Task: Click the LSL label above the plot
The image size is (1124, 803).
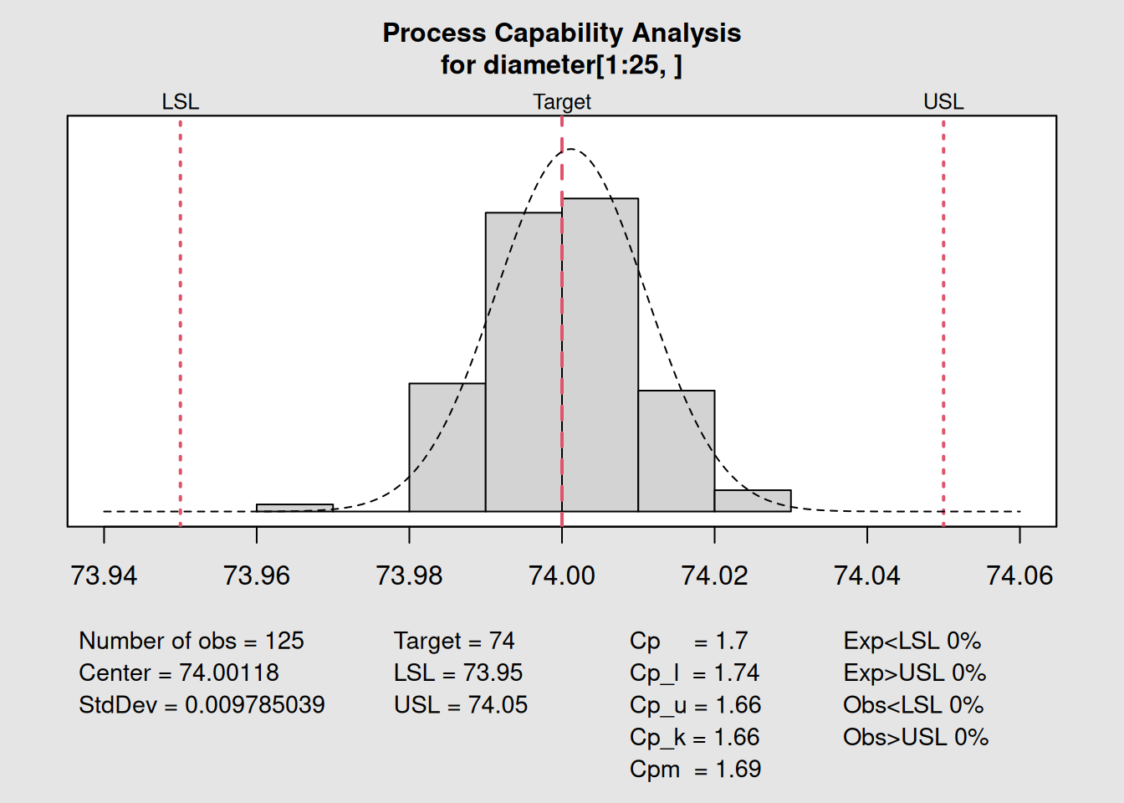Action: pos(180,102)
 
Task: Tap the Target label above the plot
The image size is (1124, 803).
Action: pos(562,102)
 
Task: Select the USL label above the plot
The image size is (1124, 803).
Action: pos(943,102)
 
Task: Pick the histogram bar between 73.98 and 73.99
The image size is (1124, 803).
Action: pos(447,448)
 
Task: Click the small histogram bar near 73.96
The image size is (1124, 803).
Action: pos(294,508)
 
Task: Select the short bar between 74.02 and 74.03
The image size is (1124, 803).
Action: pos(752,500)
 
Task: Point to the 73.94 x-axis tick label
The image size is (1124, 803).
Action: pos(104,575)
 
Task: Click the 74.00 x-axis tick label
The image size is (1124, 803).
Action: pos(562,575)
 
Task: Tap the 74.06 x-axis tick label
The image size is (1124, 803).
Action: pos(1019,575)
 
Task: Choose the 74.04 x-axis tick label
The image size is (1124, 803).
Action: pos(866,575)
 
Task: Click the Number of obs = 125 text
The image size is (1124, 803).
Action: pos(192,641)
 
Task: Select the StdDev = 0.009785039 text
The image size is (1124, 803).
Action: pos(202,705)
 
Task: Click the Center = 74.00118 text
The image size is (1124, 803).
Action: pos(179,673)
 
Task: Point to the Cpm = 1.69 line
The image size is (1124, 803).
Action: pos(695,770)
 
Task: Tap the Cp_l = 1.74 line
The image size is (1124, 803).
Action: pos(694,673)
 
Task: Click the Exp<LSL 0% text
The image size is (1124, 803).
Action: pos(912,641)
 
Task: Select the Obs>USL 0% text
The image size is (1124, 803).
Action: pos(915,737)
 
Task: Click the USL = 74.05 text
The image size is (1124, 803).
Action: pos(461,705)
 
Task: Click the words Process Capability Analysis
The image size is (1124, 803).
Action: pos(562,33)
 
